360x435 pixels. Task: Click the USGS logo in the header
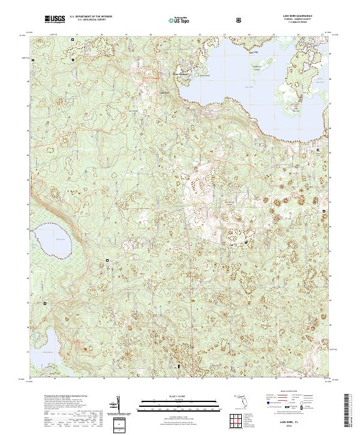point(55,19)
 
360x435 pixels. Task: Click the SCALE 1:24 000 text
point(179,394)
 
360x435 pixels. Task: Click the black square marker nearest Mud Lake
point(107,260)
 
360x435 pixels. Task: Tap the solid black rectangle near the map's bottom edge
point(178,365)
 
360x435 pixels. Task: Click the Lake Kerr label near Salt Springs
point(165,94)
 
